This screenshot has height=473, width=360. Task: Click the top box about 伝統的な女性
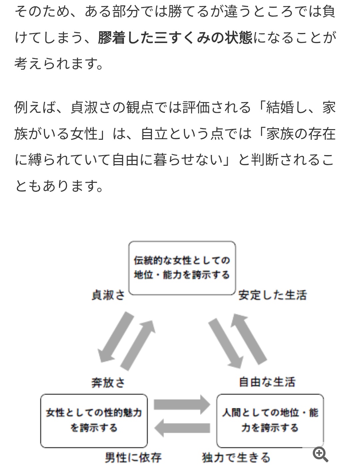182,268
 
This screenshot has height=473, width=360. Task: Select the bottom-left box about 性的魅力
94,421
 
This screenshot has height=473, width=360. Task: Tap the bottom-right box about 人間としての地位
270,421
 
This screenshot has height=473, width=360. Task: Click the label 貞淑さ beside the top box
108,295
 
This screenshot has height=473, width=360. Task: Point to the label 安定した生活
273,295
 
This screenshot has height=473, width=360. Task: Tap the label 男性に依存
133,458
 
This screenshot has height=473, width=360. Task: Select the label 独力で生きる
236,458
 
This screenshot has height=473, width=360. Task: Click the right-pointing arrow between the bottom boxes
182,405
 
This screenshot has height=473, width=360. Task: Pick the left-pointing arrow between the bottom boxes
182,428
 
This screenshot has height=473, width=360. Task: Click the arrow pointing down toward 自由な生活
226,344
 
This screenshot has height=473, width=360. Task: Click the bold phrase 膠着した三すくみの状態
175,37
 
